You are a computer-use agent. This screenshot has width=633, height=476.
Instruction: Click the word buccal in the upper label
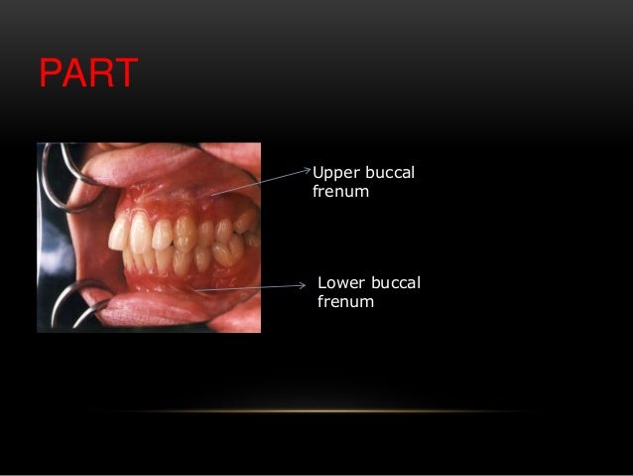pos(389,174)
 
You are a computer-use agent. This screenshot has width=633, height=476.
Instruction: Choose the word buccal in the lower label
pos(394,284)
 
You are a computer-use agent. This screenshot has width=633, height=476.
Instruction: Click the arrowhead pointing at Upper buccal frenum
pos(309,170)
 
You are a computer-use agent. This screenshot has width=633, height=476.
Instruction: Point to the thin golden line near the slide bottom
pos(317,411)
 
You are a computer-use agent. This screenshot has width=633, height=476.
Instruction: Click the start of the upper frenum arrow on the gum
pos(211,195)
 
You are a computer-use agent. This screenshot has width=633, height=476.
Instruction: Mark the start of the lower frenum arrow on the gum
pos(195,290)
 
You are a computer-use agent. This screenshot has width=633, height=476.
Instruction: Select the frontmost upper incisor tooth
pos(120,235)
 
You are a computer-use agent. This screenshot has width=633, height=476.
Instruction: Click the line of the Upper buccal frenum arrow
pos(260,182)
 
